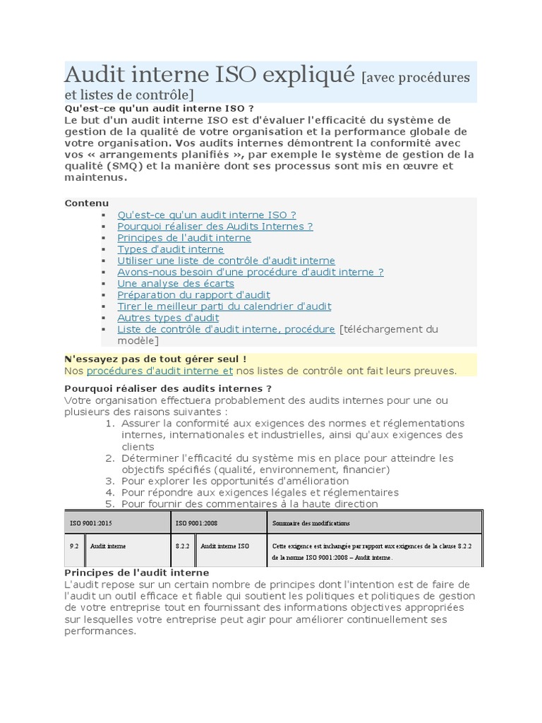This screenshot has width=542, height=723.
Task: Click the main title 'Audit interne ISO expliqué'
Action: click(x=210, y=75)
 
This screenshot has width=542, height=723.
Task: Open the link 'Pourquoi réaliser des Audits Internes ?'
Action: click(x=215, y=226)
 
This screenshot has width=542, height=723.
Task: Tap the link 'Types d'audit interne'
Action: click(x=170, y=249)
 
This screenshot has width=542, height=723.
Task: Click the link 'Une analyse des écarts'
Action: click(x=175, y=283)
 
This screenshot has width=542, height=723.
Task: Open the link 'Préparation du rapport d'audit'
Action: click(x=193, y=294)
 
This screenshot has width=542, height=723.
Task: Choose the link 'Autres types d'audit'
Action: click(x=168, y=318)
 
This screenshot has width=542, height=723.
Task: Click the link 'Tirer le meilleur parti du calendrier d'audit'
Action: click(x=224, y=306)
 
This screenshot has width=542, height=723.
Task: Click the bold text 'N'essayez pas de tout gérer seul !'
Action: click(x=155, y=359)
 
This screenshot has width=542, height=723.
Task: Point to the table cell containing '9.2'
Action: click(x=74, y=546)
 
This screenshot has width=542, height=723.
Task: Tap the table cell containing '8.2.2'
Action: click(x=181, y=546)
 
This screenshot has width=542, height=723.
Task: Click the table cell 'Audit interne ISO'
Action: click(x=224, y=546)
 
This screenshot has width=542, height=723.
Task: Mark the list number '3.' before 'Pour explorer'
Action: click(x=109, y=481)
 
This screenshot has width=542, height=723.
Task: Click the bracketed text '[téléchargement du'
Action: click(x=389, y=329)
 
